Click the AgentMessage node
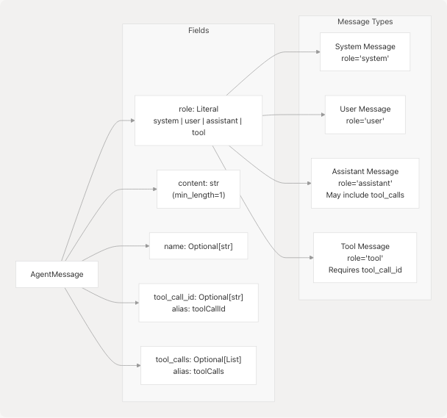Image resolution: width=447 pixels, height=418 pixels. pos(57,275)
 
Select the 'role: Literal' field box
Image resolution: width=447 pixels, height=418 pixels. pos(199,120)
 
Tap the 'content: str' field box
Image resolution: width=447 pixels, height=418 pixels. pos(199,189)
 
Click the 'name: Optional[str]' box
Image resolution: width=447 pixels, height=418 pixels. pos(198,246)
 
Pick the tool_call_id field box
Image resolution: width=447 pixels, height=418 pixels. pos(199,302)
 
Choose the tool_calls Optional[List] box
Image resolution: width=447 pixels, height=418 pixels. pos(199,365)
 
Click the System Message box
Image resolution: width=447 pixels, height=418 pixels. pos(365,52)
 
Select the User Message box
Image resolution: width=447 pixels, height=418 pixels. pos(365,114)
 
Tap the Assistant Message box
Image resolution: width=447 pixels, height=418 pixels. pos(365,183)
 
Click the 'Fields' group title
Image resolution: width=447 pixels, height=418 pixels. pos(199,31)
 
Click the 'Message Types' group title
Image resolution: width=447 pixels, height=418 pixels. pos(365,22)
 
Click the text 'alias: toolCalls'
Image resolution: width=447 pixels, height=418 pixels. pos(199,372)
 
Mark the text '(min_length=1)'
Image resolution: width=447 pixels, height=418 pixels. pos(199,195)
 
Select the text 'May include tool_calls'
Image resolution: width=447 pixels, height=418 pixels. pos(365,195)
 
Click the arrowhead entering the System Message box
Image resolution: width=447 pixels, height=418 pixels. pos(316,52)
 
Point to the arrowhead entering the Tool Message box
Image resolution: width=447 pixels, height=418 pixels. pos(310,259)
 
